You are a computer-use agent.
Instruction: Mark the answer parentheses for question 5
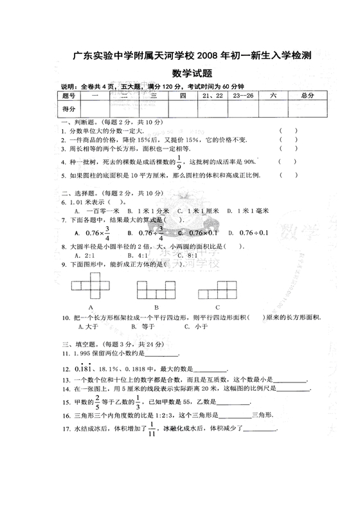(288, 175)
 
